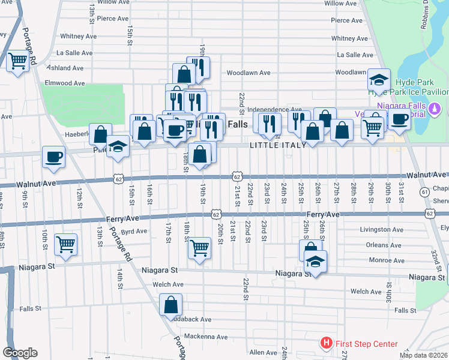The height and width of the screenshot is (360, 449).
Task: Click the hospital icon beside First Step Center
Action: [x=326, y=344]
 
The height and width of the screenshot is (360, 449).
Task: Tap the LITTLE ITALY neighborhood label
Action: [x=278, y=145]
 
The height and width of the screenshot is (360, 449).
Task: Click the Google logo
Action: [x=20, y=353]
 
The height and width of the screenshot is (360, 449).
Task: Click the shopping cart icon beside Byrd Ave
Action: [x=65, y=244]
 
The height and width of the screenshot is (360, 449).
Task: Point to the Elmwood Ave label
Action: [x=65, y=83]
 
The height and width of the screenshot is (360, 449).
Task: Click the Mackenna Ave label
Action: [x=206, y=336]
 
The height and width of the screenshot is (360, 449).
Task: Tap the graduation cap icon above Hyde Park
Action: [x=379, y=80]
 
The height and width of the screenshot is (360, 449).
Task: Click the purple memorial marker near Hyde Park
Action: [x=438, y=109]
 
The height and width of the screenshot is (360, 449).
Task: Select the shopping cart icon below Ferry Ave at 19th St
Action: [x=199, y=246]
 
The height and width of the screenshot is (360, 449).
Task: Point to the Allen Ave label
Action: [x=263, y=352]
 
